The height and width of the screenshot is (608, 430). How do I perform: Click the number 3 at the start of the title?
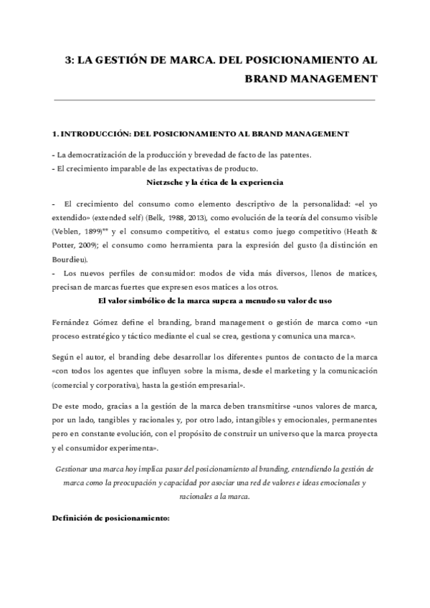click(68, 61)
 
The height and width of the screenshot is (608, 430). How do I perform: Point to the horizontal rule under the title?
click(214, 100)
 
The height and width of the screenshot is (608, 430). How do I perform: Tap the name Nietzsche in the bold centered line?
click(166, 182)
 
